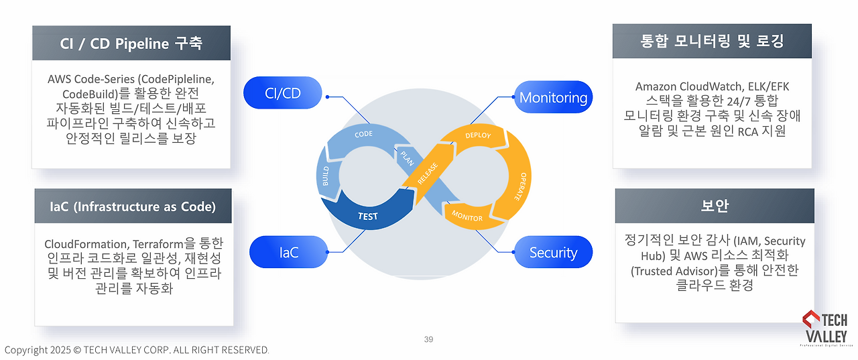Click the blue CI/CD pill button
click(282, 93)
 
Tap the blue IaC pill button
click(289, 252)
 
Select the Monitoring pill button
click(553, 97)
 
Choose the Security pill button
click(553, 252)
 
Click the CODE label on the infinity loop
click(363, 134)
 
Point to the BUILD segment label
click(326, 176)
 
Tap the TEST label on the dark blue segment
click(367, 216)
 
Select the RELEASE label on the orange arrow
click(428, 174)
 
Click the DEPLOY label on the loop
click(478, 135)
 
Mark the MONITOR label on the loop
click(467, 217)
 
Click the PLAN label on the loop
click(407, 158)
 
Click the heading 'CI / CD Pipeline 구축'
click(131, 44)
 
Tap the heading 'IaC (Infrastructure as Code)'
click(133, 206)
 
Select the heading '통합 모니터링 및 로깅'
click(712, 42)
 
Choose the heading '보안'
click(715, 206)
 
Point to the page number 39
click(428, 339)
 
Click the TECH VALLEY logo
click(824, 328)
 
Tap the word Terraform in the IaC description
click(160, 243)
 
